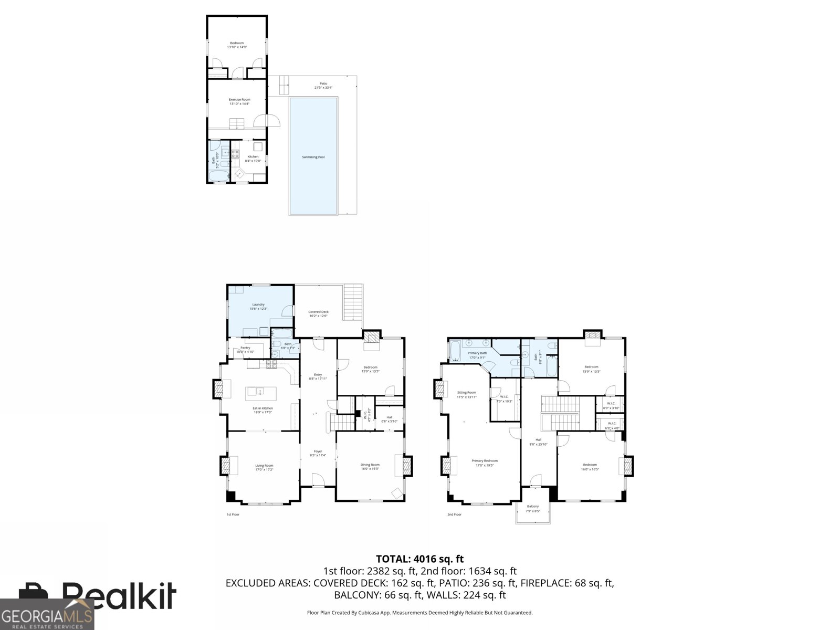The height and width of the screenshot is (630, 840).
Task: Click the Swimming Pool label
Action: pos(313,157)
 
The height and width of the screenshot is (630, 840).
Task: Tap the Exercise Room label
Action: pos(239,100)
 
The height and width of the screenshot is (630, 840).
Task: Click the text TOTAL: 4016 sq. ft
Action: pos(419,559)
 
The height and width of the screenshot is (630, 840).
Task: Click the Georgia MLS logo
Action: pos(47,615)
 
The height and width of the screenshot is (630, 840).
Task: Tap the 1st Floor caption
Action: pos(233,514)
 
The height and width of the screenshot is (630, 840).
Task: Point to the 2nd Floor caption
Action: pos(454,514)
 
